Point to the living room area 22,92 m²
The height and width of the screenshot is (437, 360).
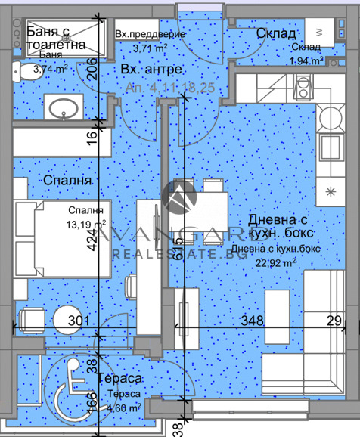tap(276, 262)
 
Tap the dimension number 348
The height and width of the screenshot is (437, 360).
tap(252, 321)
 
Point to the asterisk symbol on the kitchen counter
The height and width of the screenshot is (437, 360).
tap(330, 191)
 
